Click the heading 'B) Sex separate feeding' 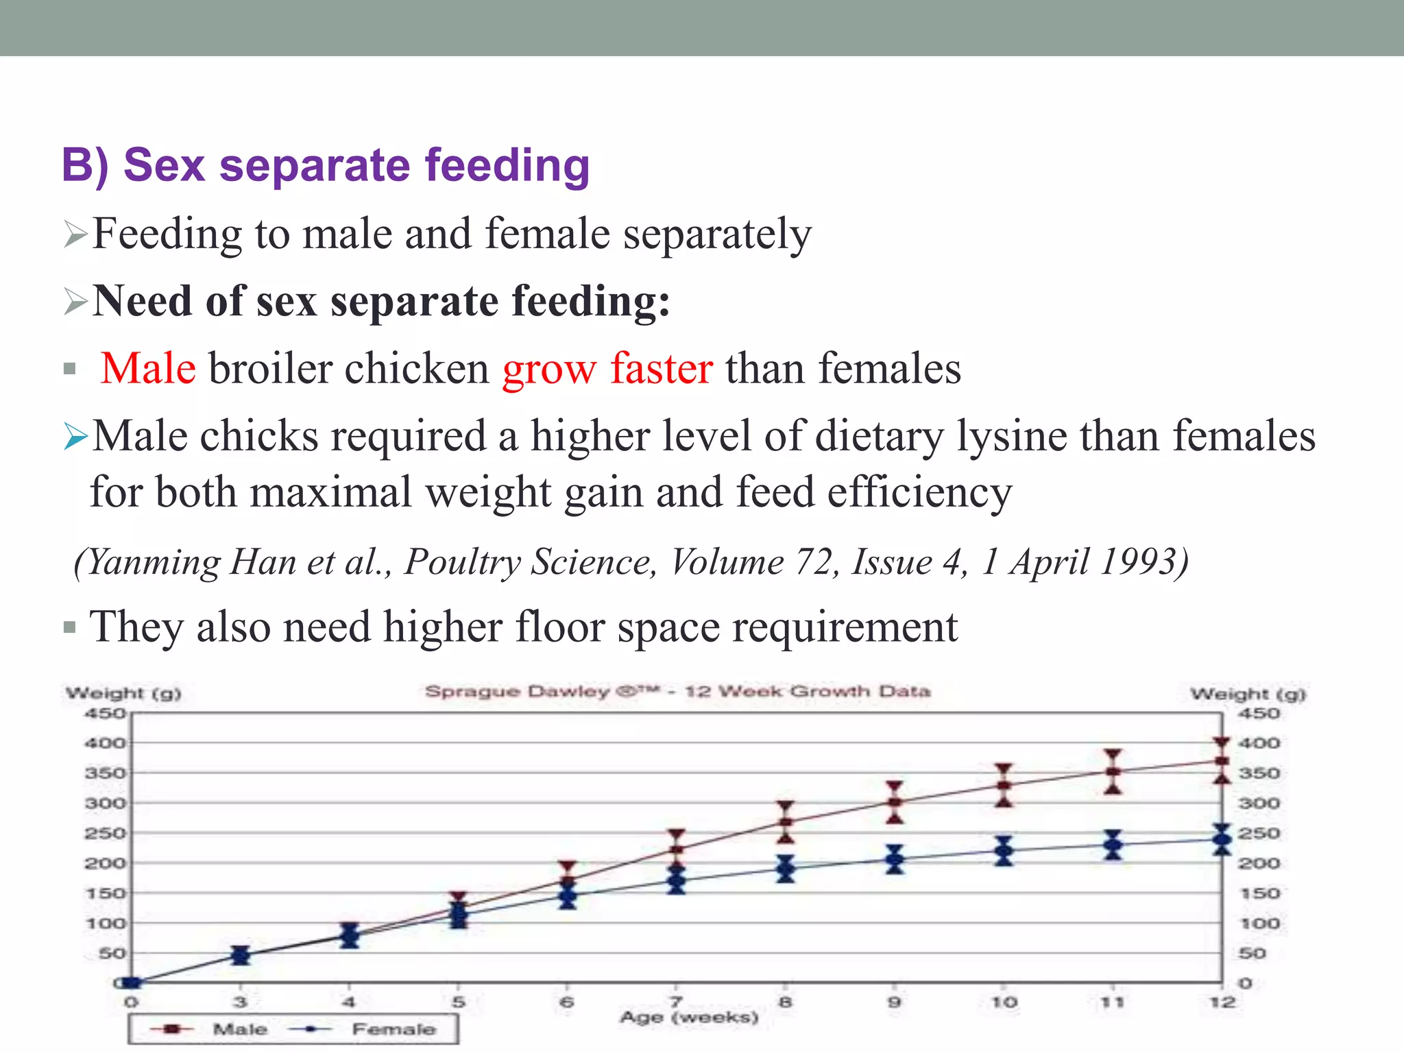[326, 166]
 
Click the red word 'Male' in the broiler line [148, 368]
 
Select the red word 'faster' [662, 368]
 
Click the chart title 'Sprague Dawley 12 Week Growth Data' [677, 691]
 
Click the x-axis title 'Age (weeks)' [689, 1017]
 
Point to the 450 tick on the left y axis [105, 714]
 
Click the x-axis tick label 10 [1004, 1002]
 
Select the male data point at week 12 [1222, 761]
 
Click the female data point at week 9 [895, 858]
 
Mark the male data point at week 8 [786, 821]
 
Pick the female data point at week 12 [1222, 839]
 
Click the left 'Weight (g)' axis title [123, 693]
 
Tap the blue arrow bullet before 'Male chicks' [75, 437]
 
